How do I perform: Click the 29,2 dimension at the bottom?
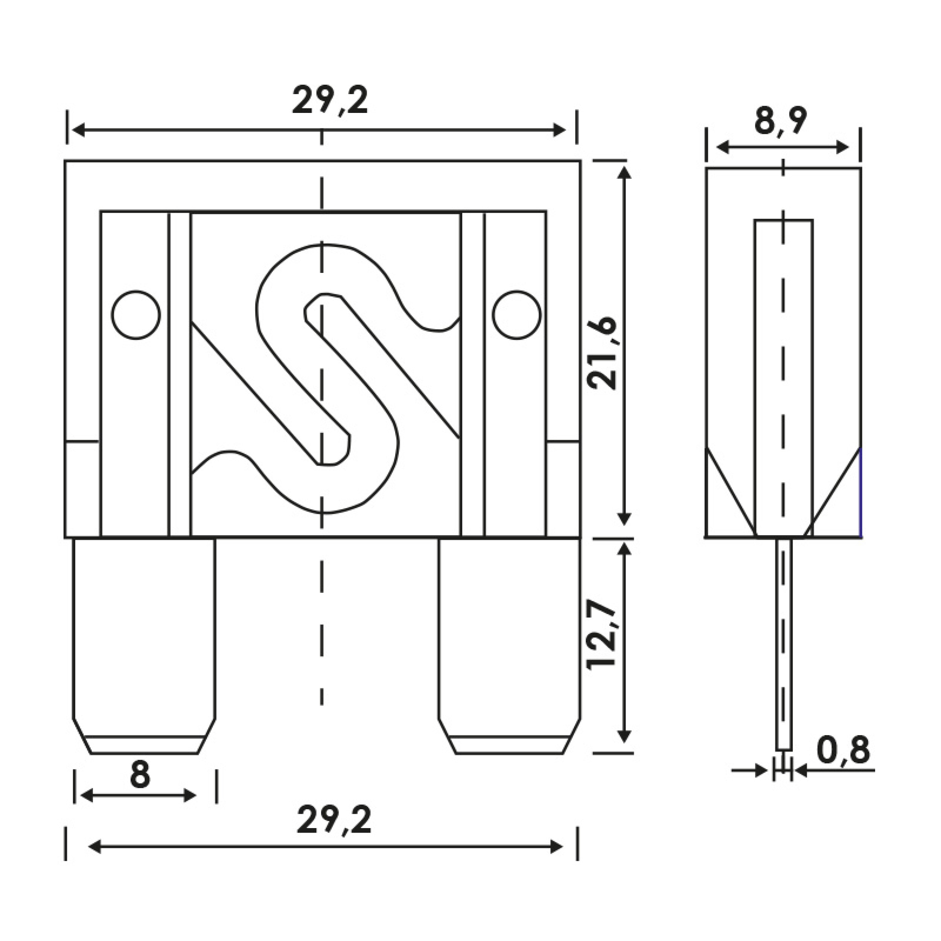click(334, 820)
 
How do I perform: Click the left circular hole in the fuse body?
click(136, 315)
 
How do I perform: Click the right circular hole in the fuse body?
click(516, 315)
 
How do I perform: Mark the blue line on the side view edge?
click(860, 492)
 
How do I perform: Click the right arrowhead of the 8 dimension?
click(190, 796)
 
